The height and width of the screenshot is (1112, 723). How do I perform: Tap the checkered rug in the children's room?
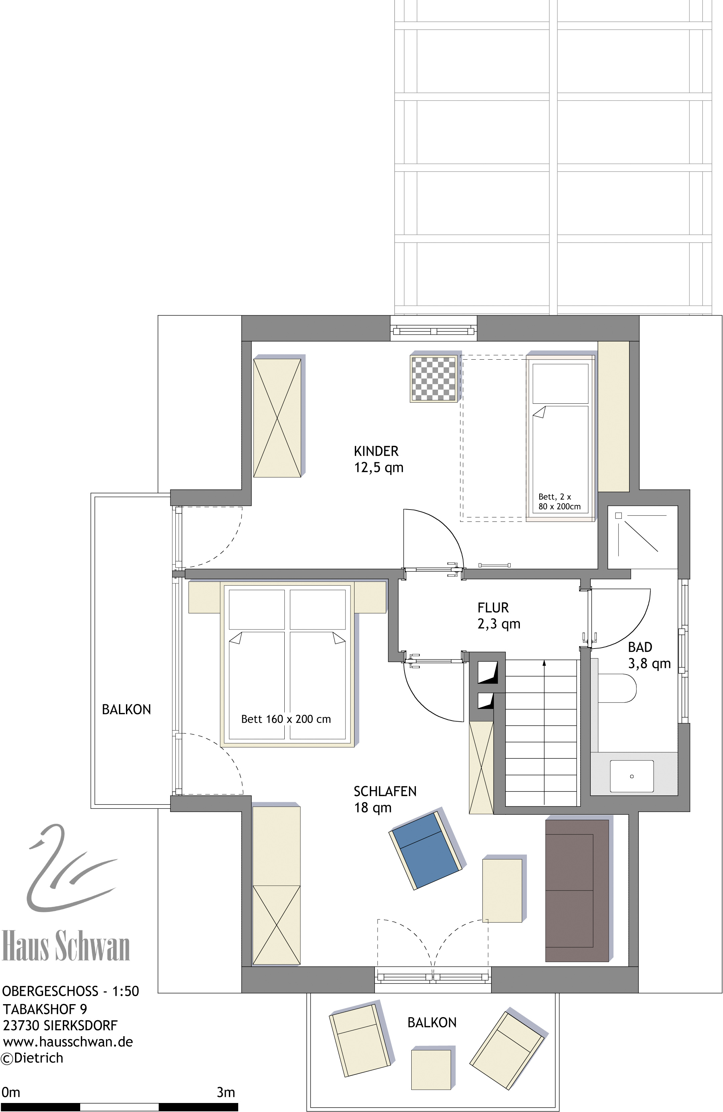point(433,378)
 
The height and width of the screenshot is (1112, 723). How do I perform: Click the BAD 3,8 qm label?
point(649,656)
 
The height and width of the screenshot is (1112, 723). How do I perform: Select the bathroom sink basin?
point(632,776)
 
